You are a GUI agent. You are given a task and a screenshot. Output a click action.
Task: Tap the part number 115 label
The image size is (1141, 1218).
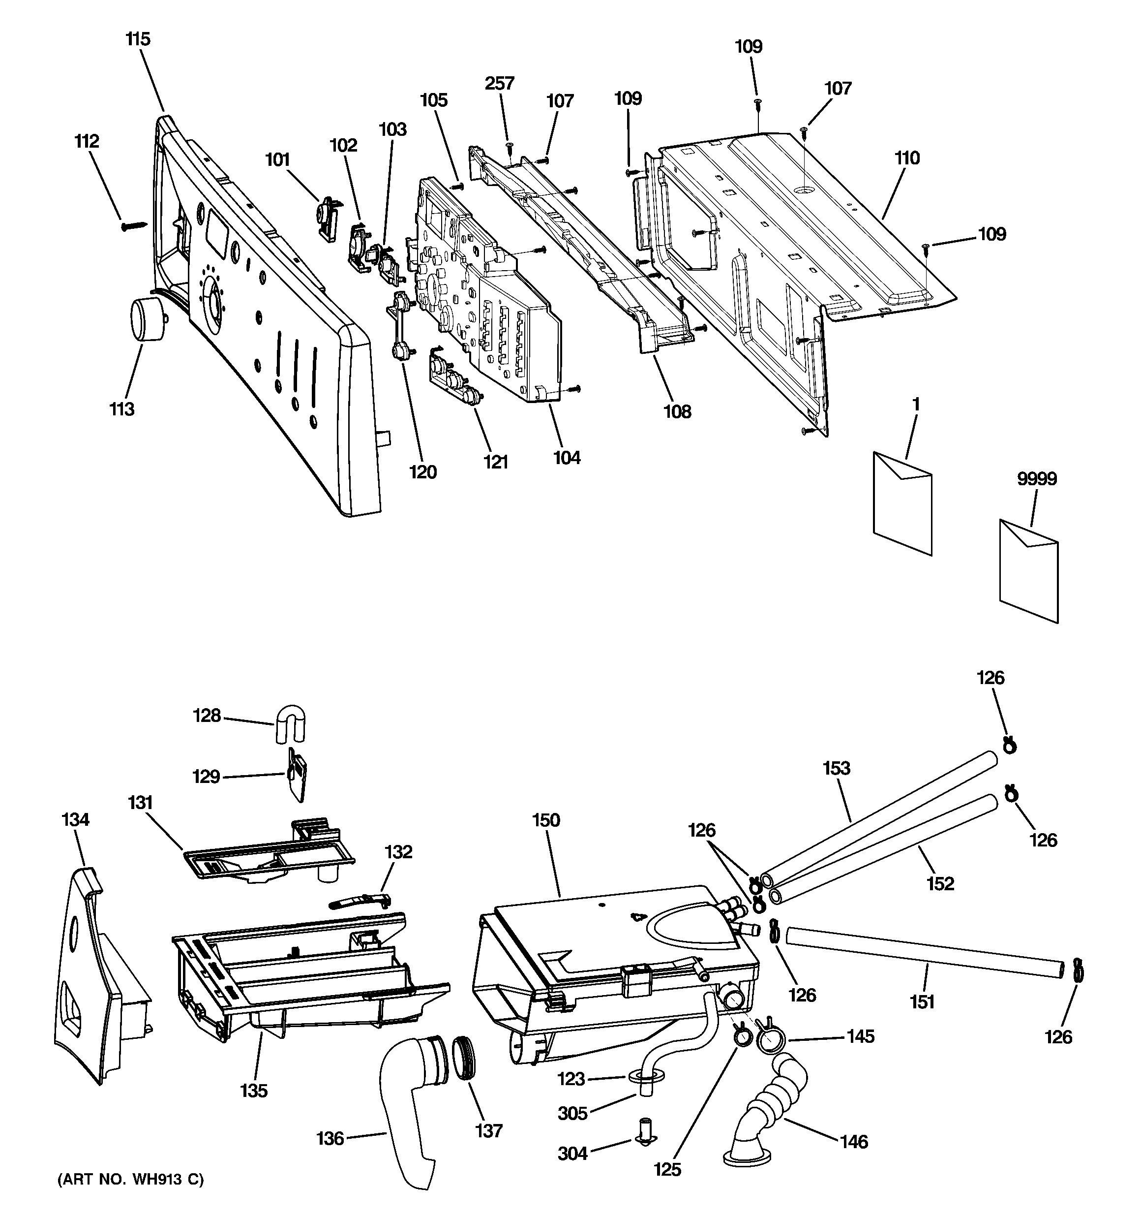[138, 39]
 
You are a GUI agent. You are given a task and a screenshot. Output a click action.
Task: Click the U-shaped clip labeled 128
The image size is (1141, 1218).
[290, 723]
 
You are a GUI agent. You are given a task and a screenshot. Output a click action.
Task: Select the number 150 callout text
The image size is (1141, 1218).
[545, 820]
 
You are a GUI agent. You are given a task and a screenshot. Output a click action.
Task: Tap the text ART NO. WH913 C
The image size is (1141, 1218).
[130, 1178]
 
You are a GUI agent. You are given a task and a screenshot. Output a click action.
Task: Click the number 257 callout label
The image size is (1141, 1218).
[499, 83]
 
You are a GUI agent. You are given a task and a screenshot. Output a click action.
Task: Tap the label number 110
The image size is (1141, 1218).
[906, 158]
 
